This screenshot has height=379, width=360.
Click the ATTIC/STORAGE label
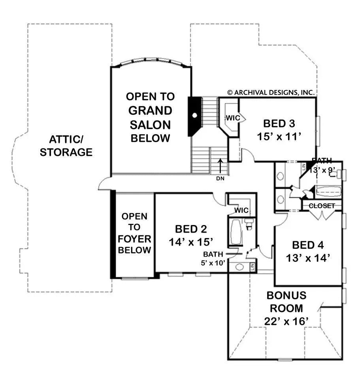[66, 146]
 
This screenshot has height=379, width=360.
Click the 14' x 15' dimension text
[191, 241]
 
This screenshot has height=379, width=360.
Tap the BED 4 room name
[308, 245]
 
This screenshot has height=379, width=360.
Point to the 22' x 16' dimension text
[286, 321]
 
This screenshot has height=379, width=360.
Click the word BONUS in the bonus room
[286, 295]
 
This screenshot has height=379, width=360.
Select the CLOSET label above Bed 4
[322, 206]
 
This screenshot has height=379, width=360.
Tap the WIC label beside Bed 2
[241, 210]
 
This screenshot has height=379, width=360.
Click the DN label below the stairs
[220, 178]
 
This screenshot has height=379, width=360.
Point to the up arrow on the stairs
[220, 165]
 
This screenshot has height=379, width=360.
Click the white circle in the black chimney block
[195, 116]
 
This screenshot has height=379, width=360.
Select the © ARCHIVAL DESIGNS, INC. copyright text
[271, 92]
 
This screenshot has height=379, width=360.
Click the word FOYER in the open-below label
[134, 238]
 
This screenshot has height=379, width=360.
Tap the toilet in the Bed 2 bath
[248, 224]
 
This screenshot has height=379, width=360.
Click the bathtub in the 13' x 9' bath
[328, 191]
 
